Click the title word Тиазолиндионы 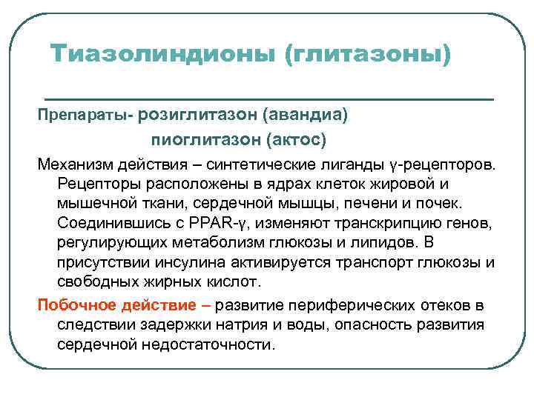tap(162, 54)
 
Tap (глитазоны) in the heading tap(368, 54)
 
